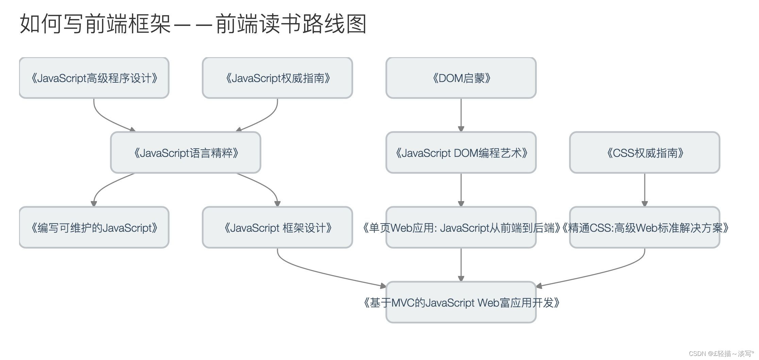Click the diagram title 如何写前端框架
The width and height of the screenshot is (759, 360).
click(x=95, y=24)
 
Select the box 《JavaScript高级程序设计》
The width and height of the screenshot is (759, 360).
click(x=94, y=78)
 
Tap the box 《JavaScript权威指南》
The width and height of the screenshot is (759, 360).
click(x=277, y=78)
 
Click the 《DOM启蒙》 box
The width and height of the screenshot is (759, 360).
click(x=461, y=78)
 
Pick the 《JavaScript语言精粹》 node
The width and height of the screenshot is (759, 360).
click(x=186, y=152)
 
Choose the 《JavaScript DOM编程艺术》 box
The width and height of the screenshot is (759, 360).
click(x=461, y=152)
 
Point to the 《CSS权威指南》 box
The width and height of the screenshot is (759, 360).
click(x=645, y=152)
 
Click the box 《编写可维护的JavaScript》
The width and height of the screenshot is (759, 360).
click(x=94, y=227)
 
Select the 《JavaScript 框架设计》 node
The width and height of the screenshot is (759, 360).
click(x=277, y=227)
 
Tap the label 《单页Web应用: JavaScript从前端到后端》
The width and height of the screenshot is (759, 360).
click(x=461, y=228)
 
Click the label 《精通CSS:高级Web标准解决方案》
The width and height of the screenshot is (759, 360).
click(x=645, y=228)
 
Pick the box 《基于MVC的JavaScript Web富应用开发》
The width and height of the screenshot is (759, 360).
click(x=461, y=302)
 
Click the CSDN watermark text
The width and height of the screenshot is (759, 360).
click(x=721, y=354)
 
